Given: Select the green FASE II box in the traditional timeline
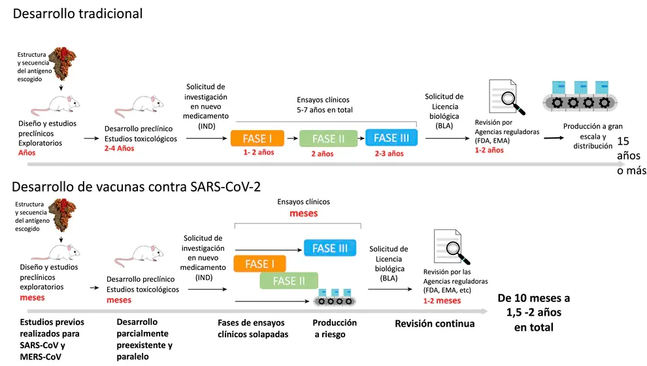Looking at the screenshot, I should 328,139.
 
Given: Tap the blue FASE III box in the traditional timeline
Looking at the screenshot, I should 391,137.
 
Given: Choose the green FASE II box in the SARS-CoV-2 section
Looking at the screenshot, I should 289,281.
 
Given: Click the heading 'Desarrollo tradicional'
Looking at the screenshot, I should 78,13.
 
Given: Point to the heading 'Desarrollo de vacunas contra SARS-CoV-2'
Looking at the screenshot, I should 136,186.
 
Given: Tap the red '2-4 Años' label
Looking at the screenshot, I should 119,148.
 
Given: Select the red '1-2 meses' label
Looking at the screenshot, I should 442,301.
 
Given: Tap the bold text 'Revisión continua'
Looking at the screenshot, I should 435,324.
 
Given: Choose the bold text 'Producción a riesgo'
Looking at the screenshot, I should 335,328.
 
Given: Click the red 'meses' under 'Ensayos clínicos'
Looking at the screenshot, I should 304,213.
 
